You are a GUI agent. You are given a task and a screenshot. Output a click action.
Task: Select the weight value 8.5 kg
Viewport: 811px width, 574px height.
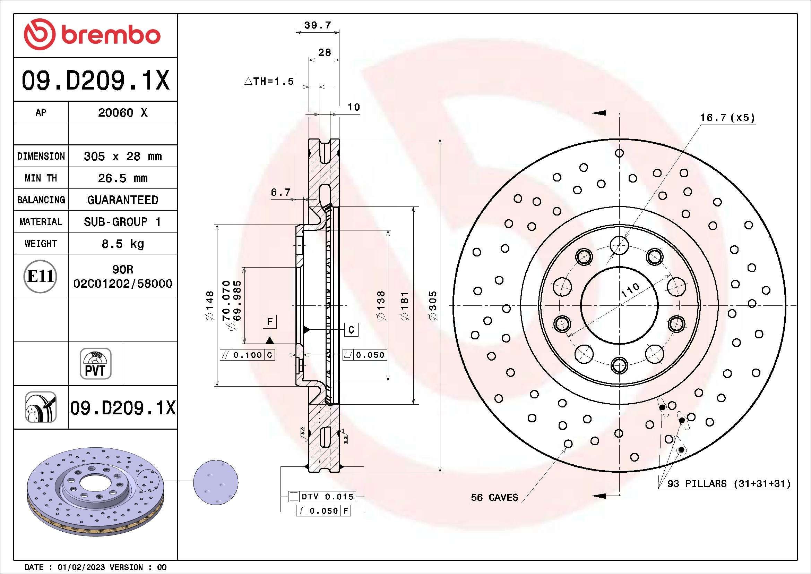122,244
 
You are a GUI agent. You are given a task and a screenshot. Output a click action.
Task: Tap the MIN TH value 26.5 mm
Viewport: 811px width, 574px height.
122,178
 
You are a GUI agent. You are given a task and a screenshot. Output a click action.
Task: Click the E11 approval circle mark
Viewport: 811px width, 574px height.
40,276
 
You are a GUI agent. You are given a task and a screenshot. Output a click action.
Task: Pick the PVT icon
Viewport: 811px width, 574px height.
95,364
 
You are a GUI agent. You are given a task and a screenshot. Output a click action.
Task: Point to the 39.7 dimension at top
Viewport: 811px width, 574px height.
317,25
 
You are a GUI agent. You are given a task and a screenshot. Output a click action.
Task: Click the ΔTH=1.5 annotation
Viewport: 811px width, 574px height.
269,81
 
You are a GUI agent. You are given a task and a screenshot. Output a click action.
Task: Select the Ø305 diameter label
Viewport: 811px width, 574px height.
433,306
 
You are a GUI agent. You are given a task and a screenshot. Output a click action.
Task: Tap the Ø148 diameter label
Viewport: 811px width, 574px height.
210,306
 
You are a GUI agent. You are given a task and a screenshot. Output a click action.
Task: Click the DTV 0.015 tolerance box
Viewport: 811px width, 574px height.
327,497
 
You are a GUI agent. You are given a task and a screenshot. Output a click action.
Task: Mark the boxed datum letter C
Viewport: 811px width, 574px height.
351,330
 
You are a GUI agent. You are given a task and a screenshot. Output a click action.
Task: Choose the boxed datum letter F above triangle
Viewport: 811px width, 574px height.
269,322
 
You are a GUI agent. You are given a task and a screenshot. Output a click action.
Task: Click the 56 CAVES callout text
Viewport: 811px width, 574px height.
494,498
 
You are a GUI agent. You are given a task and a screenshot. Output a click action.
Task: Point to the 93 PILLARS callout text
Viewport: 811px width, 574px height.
728,483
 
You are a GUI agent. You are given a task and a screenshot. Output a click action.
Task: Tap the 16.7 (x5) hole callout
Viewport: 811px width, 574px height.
727,118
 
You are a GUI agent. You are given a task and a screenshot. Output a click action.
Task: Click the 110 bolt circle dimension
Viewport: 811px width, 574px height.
630,290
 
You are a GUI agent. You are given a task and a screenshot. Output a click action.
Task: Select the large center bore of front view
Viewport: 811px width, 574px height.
619,305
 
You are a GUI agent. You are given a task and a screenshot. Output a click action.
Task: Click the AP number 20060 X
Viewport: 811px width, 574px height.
122,113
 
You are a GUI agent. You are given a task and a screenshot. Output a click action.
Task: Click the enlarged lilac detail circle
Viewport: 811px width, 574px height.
215,482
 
